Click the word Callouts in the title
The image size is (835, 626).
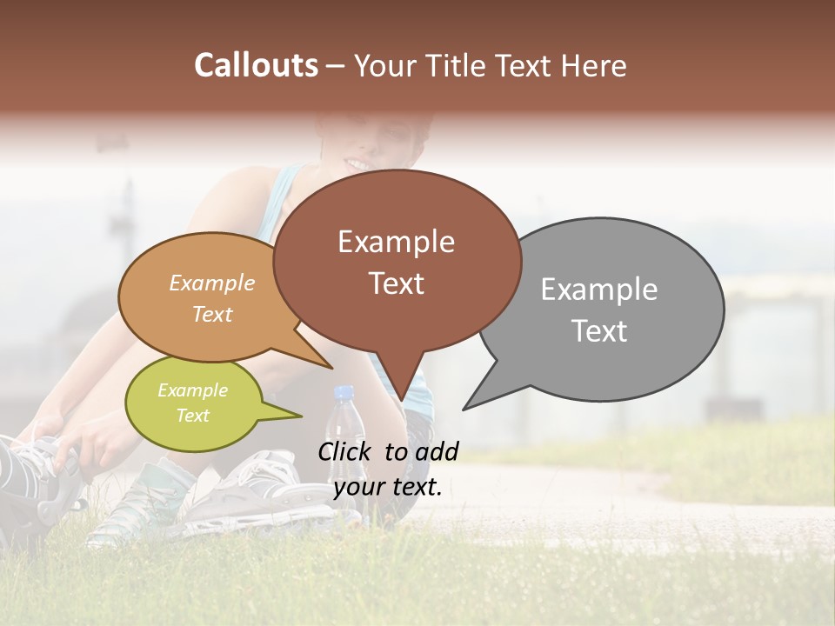tap(256, 65)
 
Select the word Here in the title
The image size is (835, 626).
tap(592, 65)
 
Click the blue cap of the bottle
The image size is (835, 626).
tap(344, 393)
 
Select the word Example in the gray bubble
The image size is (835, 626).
tap(599, 290)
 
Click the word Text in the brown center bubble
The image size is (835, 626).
tap(397, 283)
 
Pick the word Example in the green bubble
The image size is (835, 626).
tap(192, 390)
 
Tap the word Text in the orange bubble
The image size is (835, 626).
tap(212, 314)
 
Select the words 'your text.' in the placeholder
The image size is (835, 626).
tap(388, 488)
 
